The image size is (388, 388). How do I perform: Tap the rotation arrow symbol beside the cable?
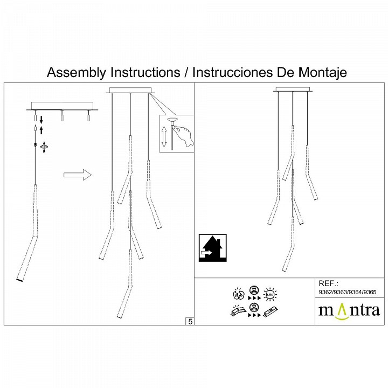click(44, 145)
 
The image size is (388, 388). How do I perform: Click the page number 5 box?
click(190, 321)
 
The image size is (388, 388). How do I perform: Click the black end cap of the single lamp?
click(20, 280)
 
